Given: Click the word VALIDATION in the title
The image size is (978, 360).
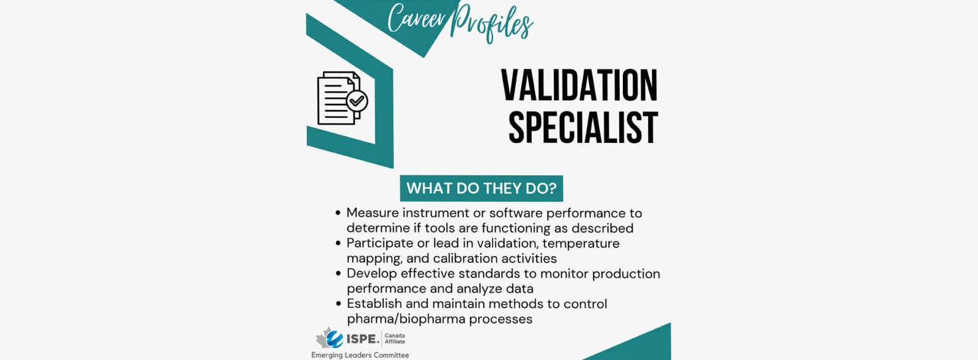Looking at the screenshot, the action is click(x=579, y=85).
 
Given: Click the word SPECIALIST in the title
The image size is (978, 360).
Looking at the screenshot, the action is click(x=583, y=127).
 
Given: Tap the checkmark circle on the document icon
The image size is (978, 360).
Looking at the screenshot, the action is click(x=357, y=101).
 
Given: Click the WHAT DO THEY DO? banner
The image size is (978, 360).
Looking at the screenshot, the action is click(x=482, y=188).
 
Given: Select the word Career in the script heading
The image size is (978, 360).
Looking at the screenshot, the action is click(x=416, y=18).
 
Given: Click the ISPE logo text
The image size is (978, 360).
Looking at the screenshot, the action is click(x=363, y=339).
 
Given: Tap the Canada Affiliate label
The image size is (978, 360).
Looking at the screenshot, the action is click(x=395, y=339).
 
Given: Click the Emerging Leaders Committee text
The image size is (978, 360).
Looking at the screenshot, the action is click(x=360, y=355).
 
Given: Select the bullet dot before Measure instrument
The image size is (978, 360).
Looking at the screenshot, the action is click(x=338, y=213).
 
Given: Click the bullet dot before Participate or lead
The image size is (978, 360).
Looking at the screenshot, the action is click(x=338, y=243).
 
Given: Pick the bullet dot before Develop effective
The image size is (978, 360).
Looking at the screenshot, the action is click(x=338, y=274).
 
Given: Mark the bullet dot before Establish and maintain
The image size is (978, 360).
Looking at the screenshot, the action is click(x=338, y=304).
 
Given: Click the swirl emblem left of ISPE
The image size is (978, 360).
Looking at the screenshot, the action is click(x=334, y=339).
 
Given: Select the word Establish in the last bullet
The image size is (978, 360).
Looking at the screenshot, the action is click(x=374, y=304).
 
